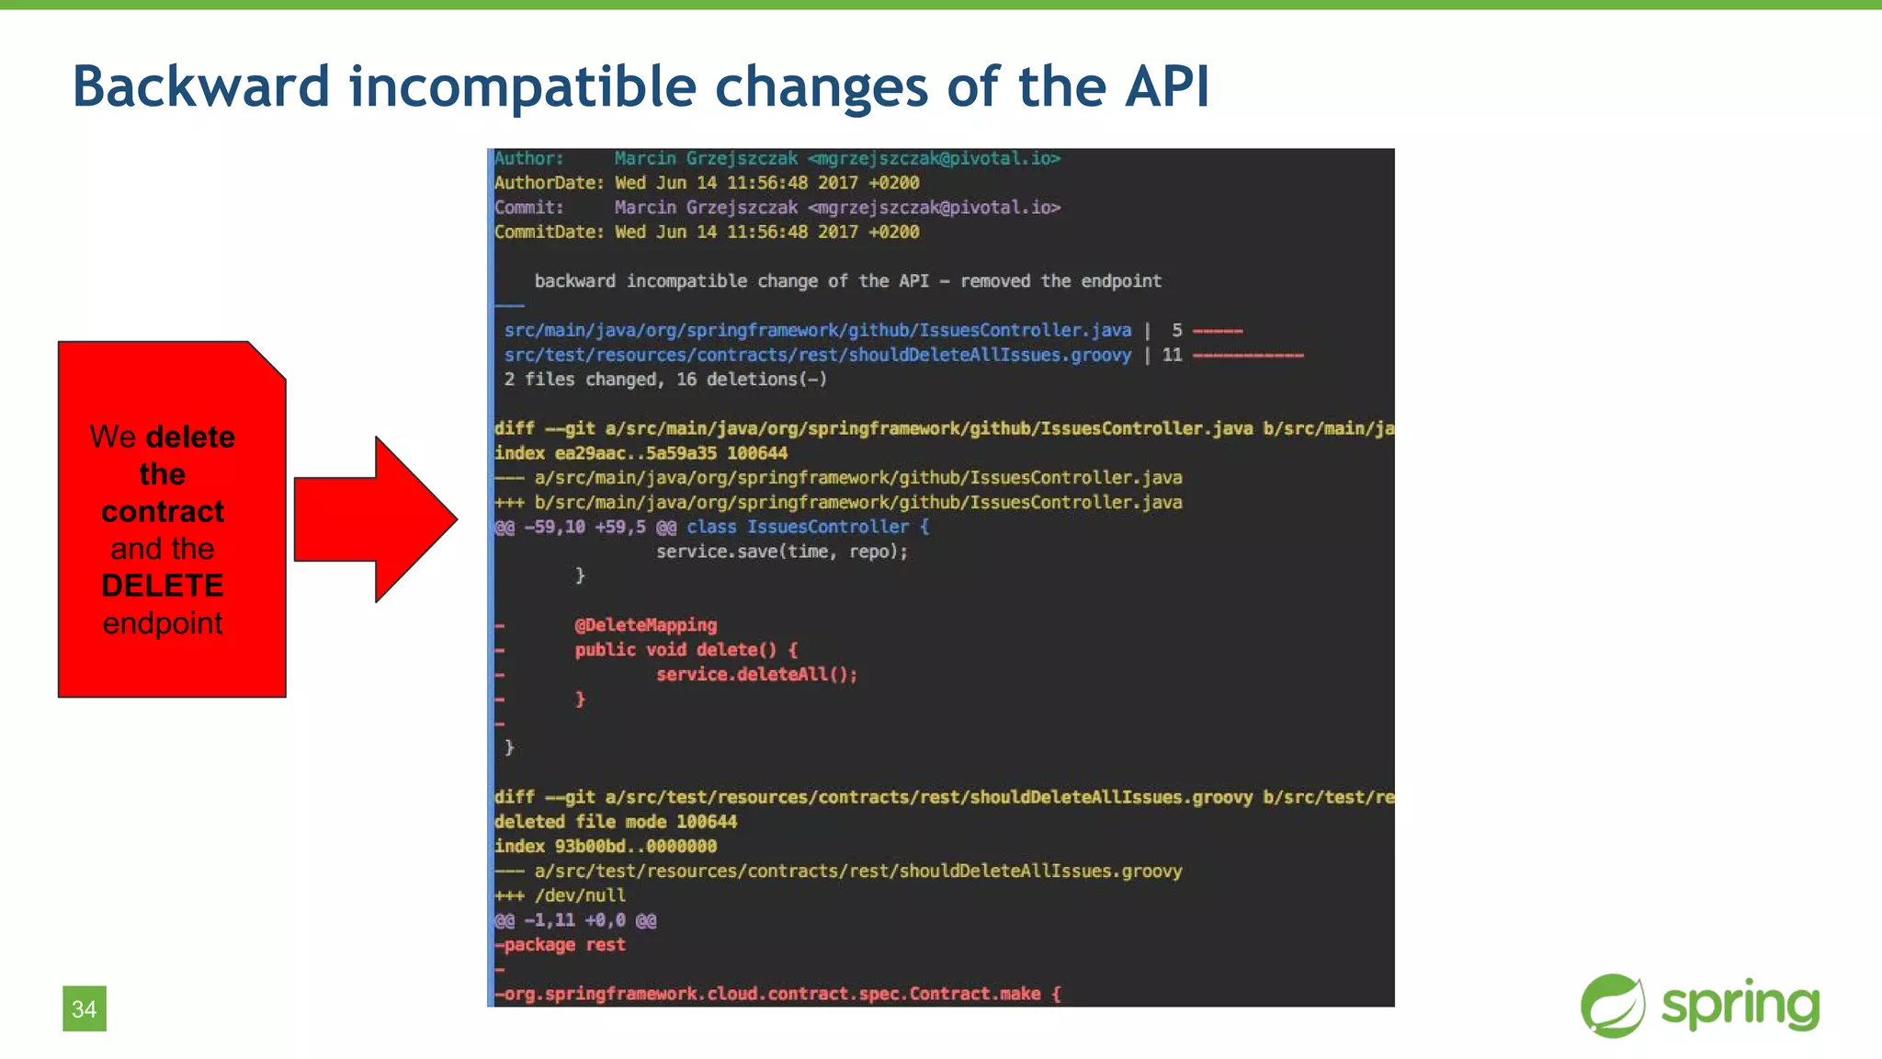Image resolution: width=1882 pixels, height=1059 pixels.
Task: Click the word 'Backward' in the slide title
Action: [x=200, y=86]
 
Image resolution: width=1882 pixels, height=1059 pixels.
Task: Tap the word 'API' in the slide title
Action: [x=1165, y=86]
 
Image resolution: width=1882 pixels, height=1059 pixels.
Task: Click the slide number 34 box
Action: [x=85, y=1008]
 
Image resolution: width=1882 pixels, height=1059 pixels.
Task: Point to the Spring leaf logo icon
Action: [x=1613, y=1006]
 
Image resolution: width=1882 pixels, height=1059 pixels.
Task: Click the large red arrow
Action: [x=376, y=519]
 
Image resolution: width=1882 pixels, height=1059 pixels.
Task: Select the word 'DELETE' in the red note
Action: [x=163, y=586]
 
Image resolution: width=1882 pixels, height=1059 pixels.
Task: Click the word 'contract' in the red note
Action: [x=163, y=511]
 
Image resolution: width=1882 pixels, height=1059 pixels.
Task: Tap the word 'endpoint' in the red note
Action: [x=163, y=623]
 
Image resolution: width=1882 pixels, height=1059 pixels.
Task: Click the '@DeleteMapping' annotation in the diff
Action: [x=645, y=625]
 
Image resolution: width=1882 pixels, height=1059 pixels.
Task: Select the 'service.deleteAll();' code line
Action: [x=756, y=675]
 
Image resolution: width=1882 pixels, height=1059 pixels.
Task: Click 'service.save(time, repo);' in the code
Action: [x=781, y=552]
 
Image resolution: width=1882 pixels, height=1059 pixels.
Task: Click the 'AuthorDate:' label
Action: [x=549, y=183]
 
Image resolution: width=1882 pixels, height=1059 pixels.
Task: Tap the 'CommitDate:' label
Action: [x=549, y=232]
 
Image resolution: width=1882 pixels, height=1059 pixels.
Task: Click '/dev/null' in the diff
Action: [x=580, y=895]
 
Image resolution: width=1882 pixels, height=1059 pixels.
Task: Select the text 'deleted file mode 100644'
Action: [x=615, y=822]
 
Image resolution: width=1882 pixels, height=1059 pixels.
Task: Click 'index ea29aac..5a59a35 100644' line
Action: [x=641, y=453]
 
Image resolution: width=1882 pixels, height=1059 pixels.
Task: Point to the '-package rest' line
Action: [x=560, y=945]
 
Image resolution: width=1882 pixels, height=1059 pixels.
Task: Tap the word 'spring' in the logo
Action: [x=1740, y=1006]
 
